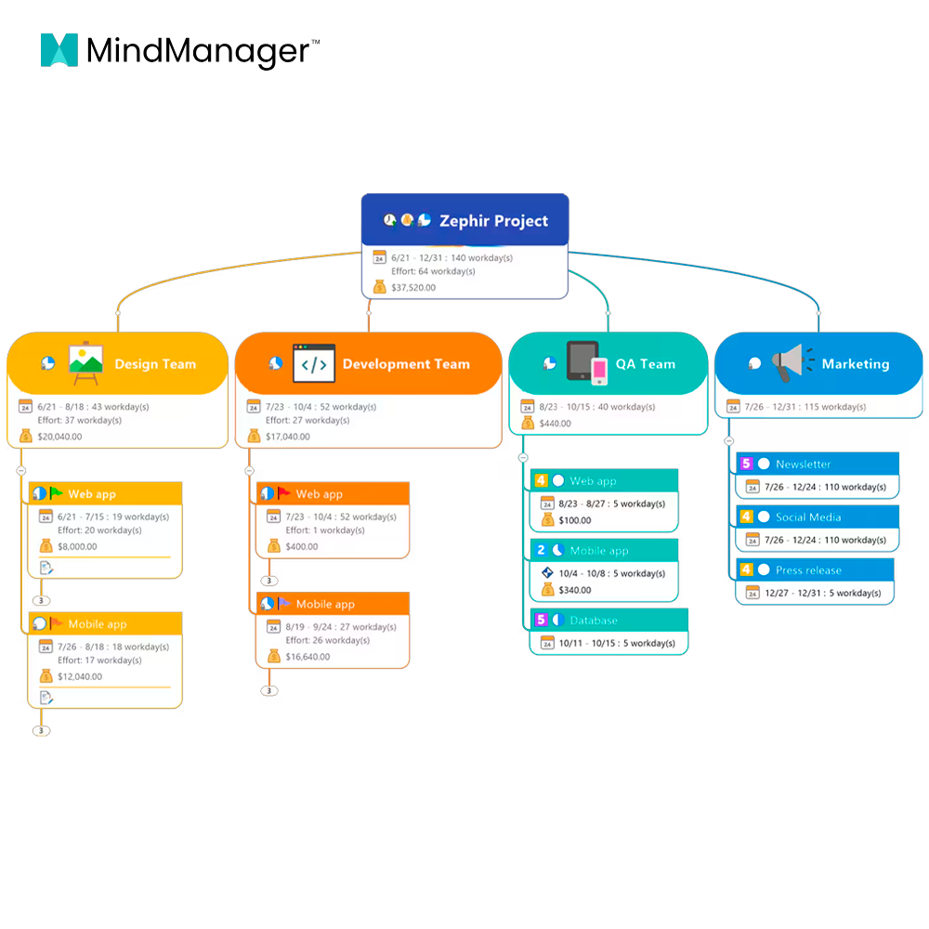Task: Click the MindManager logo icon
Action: (x=59, y=50)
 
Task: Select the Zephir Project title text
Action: (x=493, y=221)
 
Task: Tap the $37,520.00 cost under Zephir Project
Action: (x=413, y=287)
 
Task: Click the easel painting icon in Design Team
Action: (x=85, y=362)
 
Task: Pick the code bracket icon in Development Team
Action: (x=314, y=363)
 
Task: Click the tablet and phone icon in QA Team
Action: (x=587, y=362)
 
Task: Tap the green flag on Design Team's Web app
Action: (x=57, y=492)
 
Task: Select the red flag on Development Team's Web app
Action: (x=283, y=492)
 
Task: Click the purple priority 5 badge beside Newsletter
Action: (x=746, y=464)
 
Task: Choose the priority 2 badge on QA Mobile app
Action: (x=541, y=550)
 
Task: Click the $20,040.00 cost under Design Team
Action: (x=59, y=437)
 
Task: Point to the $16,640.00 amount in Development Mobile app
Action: (x=307, y=657)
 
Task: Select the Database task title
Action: (x=594, y=621)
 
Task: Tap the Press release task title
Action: (x=808, y=570)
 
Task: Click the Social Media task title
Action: (x=808, y=517)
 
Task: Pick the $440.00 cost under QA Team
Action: (x=556, y=424)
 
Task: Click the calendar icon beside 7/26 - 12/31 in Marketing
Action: (x=734, y=407)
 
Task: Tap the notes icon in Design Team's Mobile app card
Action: (x=46, y=698)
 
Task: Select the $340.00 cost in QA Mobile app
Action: (x=575, y=590)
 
